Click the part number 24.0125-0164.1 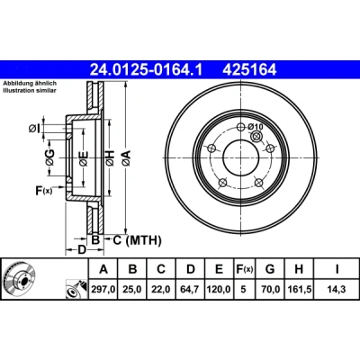pyautogui.click(x=147, y=69)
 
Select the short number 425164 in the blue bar pyautogui.click(x=249, y=69)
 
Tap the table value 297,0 pyautogui.click(x=103, y=289)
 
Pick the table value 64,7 pyautogui.click(x=191, y=289)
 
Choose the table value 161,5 pyautogui.click(x=299, y=289)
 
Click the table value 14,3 pyautogui.click(x=337, y=289)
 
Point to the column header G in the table pyautogui.click(x=270, y=269)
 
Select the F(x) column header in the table pyautogui.click(x=243, y=269)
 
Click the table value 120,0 pyautogui.click(x=219, y=289)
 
